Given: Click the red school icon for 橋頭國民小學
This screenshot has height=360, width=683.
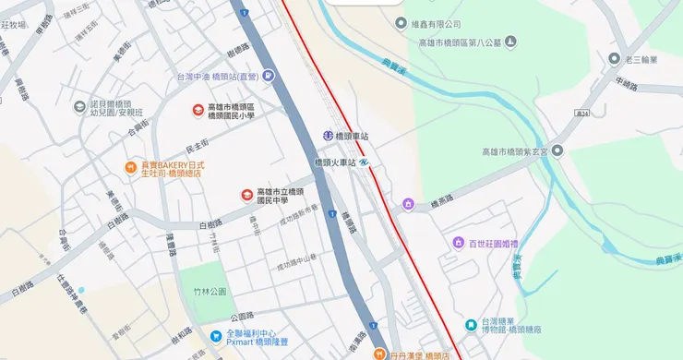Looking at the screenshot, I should pyautogui.click(x=198, y=110).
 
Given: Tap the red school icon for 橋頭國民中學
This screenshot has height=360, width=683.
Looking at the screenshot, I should pyautogui.click(x=246, y=194).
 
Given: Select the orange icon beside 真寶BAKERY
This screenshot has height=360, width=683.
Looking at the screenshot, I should pyautogui.click(x=131, y=167).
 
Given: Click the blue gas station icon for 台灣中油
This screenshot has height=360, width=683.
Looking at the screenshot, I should pyautogui.click(x=268, y=77).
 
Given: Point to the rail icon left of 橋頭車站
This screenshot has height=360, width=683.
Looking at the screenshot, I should pyautogui.click(x=328, y=136).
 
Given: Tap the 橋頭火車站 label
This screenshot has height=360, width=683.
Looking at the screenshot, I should pyautogui.click(x=334, y=162).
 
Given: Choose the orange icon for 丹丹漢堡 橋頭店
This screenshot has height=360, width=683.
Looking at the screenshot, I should pyautogui.click(x=378, y=354).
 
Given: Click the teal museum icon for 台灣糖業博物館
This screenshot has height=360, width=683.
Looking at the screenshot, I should pyautogui.click(x=472, y=325).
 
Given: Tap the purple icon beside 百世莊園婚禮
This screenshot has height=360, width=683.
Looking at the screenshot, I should pyautogui.click(x=458, y=243).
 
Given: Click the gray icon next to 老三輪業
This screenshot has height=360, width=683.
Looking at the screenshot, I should pyautogui.click(x=613, y=59).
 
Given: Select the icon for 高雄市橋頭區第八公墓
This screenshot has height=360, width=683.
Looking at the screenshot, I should pyautogui.click(x=510, y=42).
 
